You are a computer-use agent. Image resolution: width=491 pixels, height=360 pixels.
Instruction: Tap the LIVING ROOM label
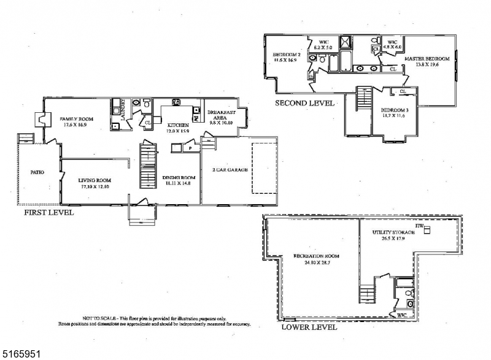pos(93,180)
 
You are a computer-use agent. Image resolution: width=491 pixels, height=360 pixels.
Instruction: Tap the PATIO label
pos(37,172)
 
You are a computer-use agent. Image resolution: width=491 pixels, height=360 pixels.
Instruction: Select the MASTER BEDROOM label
pos(427,59)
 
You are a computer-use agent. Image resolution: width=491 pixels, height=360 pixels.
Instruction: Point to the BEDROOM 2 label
pos(285,55)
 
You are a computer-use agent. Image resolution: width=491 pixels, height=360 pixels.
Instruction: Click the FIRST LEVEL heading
pos(48,213)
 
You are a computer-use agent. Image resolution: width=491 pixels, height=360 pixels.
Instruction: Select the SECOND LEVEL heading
pos(304,103)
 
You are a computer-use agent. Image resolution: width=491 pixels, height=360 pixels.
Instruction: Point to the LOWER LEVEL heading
pos(309,327)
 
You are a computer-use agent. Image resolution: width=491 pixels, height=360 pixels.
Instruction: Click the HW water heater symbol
pos(428,230)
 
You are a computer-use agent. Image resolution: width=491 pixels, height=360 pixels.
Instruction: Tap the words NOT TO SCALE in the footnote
pos(99,318)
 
